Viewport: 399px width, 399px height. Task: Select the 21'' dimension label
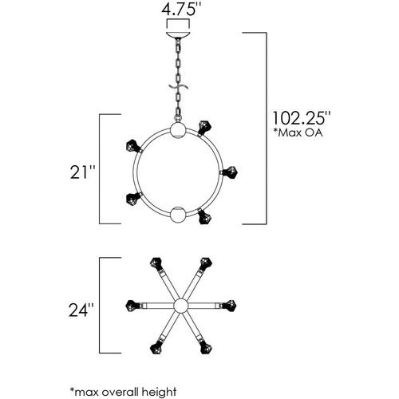82,172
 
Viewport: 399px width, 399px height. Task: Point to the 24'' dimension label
81,310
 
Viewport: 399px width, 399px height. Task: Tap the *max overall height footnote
123,392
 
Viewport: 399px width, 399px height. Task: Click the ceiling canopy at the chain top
178,35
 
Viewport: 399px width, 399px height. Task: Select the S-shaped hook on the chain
179,87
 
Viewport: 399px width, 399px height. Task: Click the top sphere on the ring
178,130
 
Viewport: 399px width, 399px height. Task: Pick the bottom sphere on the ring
178,214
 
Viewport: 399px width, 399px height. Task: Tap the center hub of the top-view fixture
180,306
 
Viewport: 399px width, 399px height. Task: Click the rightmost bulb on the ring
229,172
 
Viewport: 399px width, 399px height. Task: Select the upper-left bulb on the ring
133,146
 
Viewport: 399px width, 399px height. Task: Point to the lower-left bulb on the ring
133,199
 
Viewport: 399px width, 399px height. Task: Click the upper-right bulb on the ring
205,128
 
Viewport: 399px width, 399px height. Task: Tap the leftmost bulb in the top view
133,306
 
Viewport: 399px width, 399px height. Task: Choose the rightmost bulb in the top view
228,306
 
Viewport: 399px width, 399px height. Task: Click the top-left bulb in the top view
156,263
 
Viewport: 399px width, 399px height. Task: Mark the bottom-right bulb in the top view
205,347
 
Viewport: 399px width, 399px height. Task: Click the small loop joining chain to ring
178,118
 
